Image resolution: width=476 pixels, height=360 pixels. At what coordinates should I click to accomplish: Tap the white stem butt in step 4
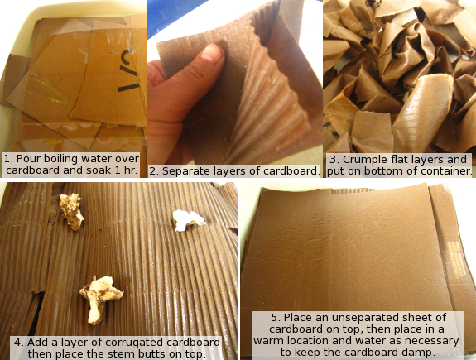click(x=188, y=220)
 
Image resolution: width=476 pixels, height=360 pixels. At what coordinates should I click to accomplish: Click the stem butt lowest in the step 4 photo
click(x=100, y=299)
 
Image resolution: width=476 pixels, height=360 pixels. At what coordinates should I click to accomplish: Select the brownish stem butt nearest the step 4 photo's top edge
click(x=71, y=212)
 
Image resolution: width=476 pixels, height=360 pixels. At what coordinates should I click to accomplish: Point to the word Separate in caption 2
click(x=182, y=171)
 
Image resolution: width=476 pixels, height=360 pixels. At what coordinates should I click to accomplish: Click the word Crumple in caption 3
click(x=363, y=160)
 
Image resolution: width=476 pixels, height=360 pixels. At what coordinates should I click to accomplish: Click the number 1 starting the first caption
click(x=8, y=159)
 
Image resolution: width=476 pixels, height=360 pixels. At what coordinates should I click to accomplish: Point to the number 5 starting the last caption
click(x=276, y=318)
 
